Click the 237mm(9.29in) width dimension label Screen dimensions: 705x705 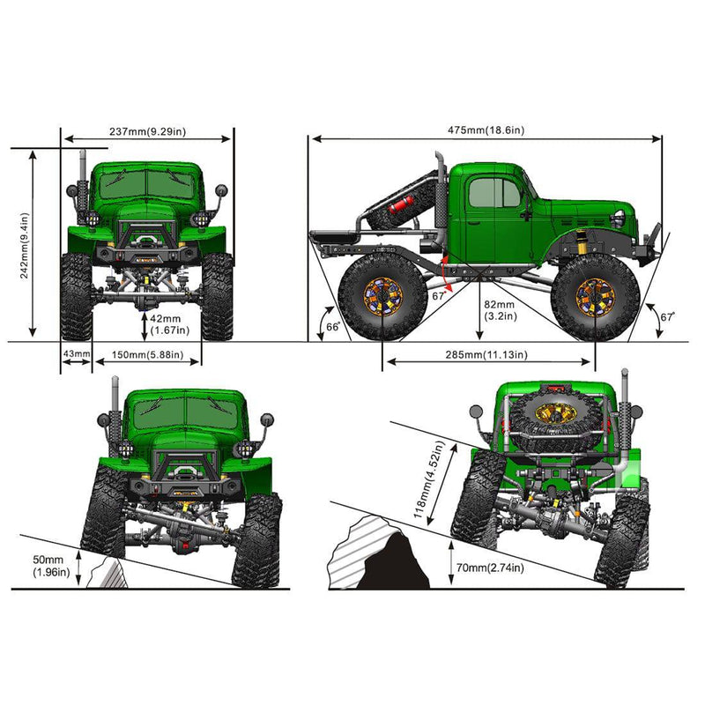click(147, 131)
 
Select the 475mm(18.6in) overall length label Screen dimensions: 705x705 click(486, 130)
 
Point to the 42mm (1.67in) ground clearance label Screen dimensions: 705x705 click(167, 324)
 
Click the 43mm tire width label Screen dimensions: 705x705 click(77, 354)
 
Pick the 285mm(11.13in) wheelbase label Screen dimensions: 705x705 click(487, 354)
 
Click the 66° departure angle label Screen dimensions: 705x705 click(333, 326)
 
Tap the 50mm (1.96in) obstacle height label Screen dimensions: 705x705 click(44, 565)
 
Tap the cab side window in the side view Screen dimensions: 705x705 click(494, 192)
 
